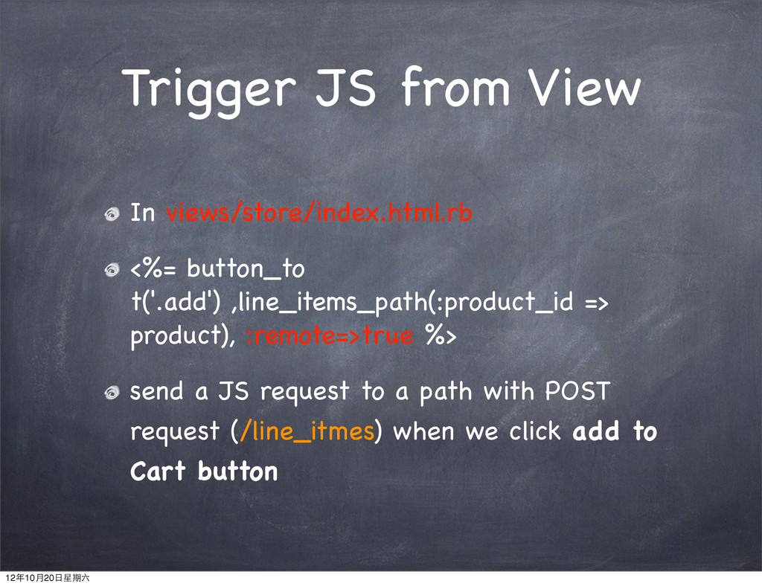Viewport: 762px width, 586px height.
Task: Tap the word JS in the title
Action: pyautogui.click(x=345, y=88)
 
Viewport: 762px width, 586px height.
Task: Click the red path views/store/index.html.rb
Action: pyautogui.click(x=318, y=212)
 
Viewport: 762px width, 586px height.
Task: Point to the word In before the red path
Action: pyautogui.click(x=142, y=213)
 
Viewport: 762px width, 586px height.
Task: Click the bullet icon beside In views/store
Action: pyautogui.click(x=112, y=213)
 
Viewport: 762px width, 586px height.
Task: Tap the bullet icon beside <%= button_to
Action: pyautogui.click(x=112, y=269)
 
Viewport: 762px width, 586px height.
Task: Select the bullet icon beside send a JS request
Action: pyautogui.click(x=112, y=393)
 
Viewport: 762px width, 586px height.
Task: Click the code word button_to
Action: pyautogui.click(x=246, y=269)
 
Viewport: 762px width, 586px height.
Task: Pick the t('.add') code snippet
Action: pyautogui.click(x=176, y=302)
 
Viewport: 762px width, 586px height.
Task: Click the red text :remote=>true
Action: pyautogui.click(x=330, y=335)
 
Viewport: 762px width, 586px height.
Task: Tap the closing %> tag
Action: pyautogui.click(x=441, y=335)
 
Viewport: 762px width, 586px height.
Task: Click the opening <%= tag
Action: pyautogui.click(x=153, y=268)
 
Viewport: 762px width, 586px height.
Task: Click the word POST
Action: pyautogui.click(x=577, y=391)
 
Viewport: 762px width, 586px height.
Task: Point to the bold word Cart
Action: pyautogui.click(x=158, y=471)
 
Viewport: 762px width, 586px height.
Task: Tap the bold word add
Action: pyautogui.click(x=596, y=431)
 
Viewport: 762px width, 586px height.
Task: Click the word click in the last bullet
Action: pyautogui.click(x=534, y=431)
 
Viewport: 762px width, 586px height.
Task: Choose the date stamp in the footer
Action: pyautogui.click(x=47, y=578)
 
